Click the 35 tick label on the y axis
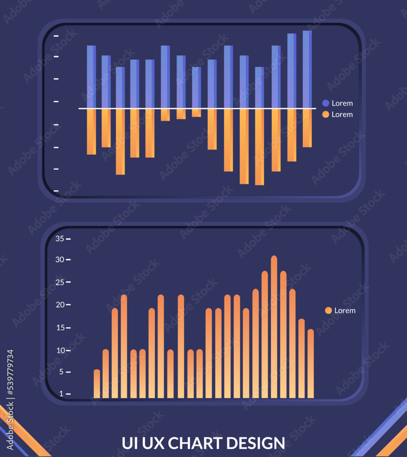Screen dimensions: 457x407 [x=60, y=239]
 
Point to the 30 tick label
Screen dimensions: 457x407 [x=60, y=260]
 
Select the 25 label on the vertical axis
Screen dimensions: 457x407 [x=60, y=282]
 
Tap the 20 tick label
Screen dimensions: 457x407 [x=60, y=305]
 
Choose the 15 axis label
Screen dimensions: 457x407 [x=60, y=328]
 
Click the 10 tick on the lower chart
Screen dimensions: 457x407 [x=60, y=351]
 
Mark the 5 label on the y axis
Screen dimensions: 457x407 [x=62, y=372]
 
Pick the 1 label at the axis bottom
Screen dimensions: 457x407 [x=62, y=393]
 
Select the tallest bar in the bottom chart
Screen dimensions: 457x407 [x=274, y=327]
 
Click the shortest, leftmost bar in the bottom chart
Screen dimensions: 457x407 [x=97, y=384]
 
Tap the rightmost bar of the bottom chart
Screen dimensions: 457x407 [x=311, y=364]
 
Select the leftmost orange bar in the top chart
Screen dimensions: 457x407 [x=91, y=132]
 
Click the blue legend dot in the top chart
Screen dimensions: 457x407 [x=326, y=103]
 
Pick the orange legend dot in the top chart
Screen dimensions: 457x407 [x=326, y=114]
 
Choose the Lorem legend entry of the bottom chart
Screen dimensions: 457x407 [x=340, y=310]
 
